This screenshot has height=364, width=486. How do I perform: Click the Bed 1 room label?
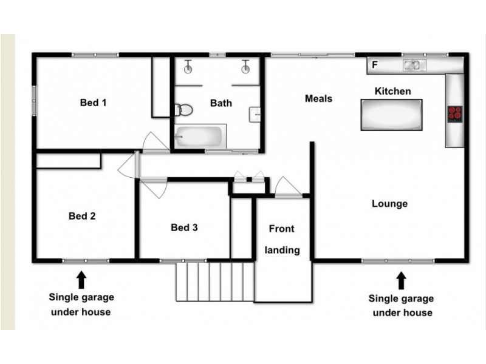94,103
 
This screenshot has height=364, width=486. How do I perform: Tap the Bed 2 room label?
82,215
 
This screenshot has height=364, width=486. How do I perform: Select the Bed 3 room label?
184,227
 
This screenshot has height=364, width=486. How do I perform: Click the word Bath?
221,103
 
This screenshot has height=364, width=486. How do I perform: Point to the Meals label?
318,98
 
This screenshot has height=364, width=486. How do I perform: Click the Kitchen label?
392,91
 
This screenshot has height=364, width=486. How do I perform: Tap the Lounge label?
389,204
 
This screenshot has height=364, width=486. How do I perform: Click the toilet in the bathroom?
183,110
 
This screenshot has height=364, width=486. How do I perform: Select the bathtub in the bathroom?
200,136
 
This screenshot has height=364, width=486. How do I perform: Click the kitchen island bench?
391,115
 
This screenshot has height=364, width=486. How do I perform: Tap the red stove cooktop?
454,113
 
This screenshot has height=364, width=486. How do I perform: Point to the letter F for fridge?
375,64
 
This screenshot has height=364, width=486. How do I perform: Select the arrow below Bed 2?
81,280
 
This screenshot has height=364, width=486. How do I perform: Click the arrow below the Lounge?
401,280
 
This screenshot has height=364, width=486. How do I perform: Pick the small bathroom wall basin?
255,113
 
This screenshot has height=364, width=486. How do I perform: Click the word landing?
282,250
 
